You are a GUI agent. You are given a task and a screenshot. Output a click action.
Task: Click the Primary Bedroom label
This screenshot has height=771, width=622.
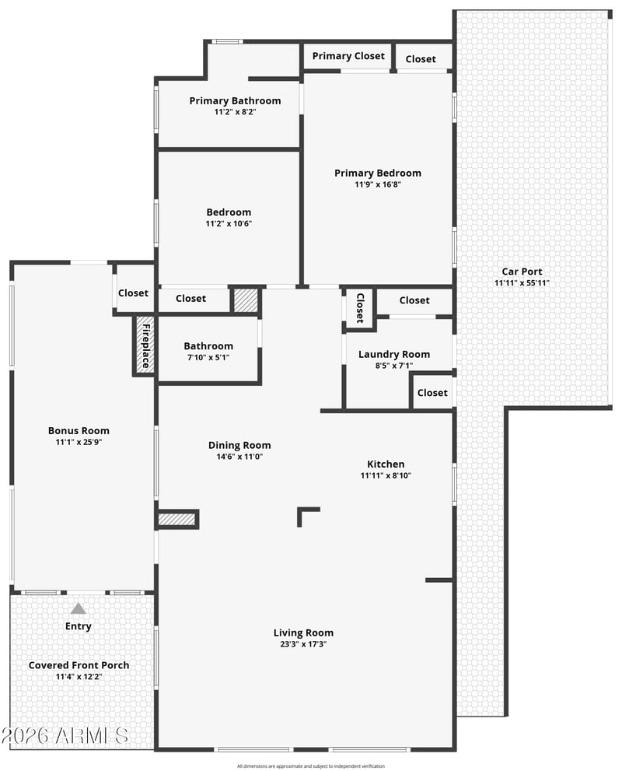pos(377,173)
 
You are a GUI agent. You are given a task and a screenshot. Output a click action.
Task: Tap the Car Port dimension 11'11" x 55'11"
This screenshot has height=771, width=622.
pos(522,282)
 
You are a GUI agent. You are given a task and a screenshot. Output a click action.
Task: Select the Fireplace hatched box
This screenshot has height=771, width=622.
pos(145,345)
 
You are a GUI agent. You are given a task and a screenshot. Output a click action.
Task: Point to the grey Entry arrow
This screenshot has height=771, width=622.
pos(78,608)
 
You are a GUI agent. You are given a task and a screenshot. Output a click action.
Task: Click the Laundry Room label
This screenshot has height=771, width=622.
pos(394,354)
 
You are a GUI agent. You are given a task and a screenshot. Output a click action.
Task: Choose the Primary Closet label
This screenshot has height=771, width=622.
pos(348,56)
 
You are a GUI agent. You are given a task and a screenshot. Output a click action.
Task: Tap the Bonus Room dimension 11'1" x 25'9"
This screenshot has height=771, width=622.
pos(79,442)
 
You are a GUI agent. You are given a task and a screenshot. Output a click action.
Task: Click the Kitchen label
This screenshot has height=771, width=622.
pos(386,464)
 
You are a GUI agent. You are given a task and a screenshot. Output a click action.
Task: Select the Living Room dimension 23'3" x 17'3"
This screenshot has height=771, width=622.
pos(303,644)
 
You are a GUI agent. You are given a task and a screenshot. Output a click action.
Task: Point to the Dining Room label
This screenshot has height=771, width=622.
pos(239,445)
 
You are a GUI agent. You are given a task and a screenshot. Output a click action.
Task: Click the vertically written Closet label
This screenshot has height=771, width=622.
pos(360,308)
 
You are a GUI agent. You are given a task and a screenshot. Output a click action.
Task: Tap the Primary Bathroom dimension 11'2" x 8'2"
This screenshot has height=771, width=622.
pos(235,112)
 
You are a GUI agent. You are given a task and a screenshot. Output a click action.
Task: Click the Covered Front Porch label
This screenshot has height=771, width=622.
pos(79,665)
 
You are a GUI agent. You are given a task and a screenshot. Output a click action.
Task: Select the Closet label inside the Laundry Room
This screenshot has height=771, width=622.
pos(432,392)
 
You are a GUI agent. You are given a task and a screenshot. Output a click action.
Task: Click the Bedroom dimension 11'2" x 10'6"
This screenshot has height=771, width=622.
pos(229,224)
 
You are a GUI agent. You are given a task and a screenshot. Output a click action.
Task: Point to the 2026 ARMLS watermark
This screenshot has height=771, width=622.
pos(65,735)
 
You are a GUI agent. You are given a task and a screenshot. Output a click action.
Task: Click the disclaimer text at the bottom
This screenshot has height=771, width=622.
pos(310,766)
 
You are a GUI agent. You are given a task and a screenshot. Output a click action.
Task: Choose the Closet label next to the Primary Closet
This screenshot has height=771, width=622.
pos(421,59)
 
